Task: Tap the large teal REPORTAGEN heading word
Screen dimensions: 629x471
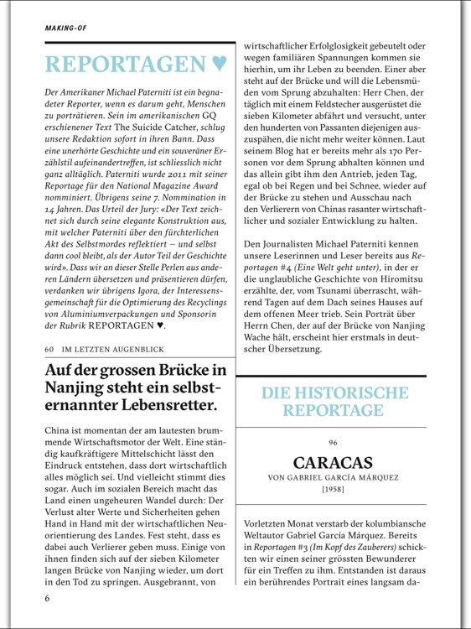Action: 123,63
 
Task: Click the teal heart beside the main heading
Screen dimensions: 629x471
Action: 217,63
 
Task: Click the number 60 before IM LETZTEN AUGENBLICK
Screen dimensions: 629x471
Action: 49,348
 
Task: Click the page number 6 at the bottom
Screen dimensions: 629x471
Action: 48,598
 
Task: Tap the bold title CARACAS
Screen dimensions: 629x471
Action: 333,463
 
